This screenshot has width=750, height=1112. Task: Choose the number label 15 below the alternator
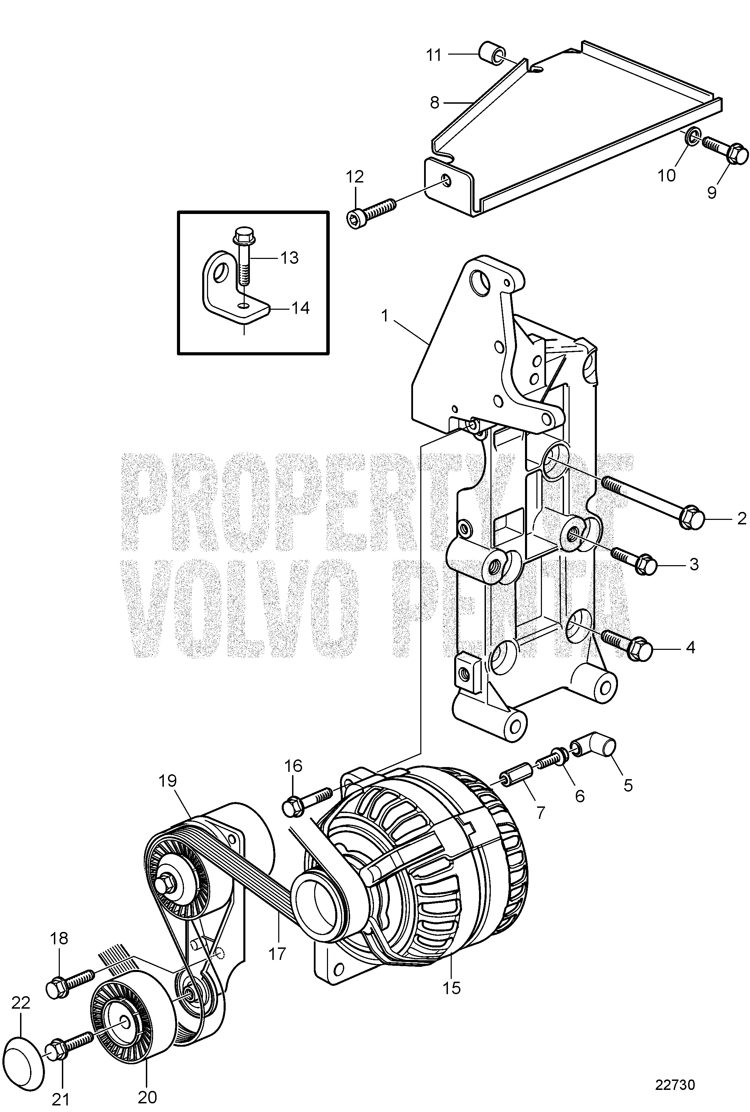451,987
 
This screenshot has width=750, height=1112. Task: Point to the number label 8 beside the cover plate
434,102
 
